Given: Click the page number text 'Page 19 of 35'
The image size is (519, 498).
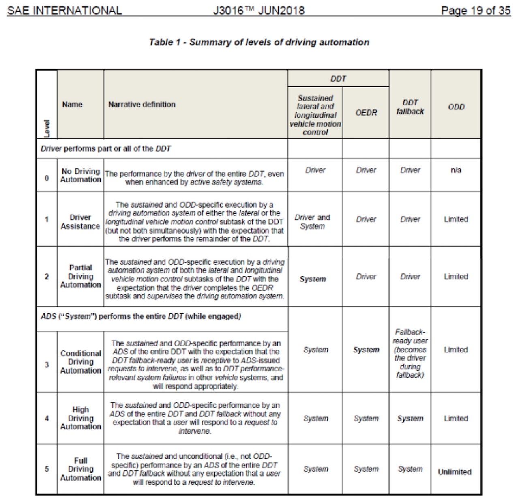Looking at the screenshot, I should pos(475,11).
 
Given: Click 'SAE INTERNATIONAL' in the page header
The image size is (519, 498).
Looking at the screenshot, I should pos(64,11).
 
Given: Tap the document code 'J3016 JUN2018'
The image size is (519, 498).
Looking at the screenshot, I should pos(259,11).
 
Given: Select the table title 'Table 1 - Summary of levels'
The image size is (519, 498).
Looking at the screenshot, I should pos(259,42).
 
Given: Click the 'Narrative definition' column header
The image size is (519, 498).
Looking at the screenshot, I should pos(142,105).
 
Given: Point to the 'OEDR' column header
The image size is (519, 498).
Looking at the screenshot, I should pos(366,113).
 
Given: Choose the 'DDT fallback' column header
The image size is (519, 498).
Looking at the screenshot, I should pos(410,107).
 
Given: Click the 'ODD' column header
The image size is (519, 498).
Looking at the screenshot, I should pos(456,107).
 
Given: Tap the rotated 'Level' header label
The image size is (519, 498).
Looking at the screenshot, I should pos(47,128).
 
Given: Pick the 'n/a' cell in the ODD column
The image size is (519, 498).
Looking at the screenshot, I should pos(456,170).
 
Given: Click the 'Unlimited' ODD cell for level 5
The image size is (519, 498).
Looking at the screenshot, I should pos(455,472).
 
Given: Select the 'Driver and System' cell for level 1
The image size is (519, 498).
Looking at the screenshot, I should pos(313,222).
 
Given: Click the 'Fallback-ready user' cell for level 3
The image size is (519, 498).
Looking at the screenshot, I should pos(410,354).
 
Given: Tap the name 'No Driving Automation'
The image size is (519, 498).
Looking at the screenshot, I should pos(81,175).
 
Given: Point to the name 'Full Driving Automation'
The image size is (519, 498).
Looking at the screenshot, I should pos(81,469).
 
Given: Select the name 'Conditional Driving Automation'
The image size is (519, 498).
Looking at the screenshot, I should pos(81,362).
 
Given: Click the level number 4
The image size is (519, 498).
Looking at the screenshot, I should pos(47,418).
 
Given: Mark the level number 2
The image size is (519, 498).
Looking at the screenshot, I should pos(47,277).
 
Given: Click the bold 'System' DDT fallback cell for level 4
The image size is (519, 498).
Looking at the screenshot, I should pos(410,419).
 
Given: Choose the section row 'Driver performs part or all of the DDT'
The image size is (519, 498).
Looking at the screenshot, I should pos(105,149).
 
